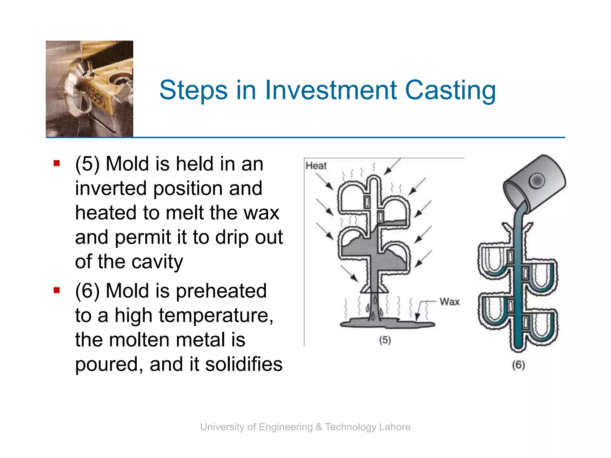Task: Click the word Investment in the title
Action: tap(331, 90)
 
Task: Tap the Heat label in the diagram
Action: tap(316, 166)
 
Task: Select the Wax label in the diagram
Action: tap(449, 302)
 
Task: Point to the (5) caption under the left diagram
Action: tap(385, 340)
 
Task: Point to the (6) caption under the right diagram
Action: tap(518, 365)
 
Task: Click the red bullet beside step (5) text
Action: tap(57, 163)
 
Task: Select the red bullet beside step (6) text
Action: tap(57, 290)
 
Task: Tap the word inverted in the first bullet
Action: tap(111, 188)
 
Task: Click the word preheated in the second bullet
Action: tap(221, 291)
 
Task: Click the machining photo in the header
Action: tap(90, 89)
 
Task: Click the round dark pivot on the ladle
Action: tap(537, 181)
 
